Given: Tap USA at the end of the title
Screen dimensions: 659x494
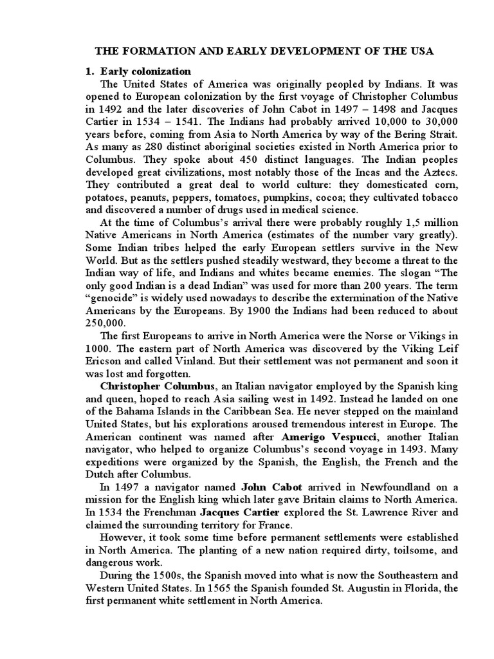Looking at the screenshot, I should click(421, 51).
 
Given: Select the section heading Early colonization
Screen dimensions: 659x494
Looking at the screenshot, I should click(145, 71).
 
